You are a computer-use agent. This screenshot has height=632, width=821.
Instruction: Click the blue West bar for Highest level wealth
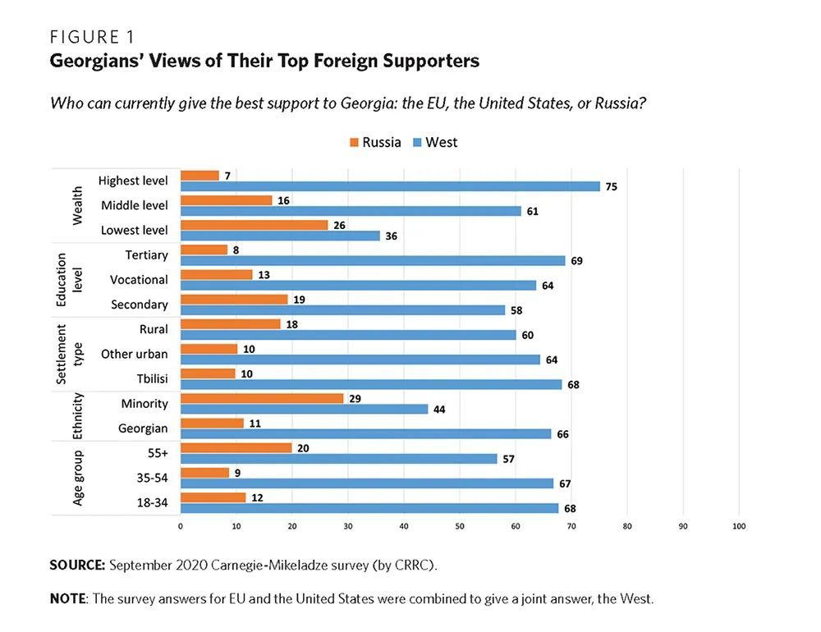pyautogui.click(x=390, y=186)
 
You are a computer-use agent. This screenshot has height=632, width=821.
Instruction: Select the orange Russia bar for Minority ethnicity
pyautogui.click(x=261, y=398)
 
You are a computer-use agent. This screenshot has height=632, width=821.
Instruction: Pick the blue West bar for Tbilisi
pyautogui.click(x=370, y=384)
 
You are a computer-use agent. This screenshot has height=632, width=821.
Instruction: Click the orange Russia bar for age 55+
pyautogui.click(x=236, y=447)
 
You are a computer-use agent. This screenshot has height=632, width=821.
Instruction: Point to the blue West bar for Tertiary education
pyautogui.click(x=373, y=260)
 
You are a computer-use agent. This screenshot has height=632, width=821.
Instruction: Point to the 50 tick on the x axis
pyautogui.click(x=460, y=526)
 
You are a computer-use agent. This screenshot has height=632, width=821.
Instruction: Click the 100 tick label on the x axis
pyautogui.click(x=739, y=526)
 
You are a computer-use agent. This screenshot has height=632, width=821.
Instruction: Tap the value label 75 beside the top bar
pyautogui.click(x=611, y=187)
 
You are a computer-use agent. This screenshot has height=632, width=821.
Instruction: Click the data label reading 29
pyautogui.click(x=355, y=397)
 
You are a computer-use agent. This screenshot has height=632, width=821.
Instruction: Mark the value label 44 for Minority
pyautogui.click(x=440, y=410)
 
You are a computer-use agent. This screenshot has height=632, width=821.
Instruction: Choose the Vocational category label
pyautogui.click(x=139, y=280)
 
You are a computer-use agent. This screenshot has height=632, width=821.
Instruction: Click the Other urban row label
pyautogui.click(x=134, y=355)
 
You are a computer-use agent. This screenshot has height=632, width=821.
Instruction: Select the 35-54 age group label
pyautogui.click(x=149, y=478)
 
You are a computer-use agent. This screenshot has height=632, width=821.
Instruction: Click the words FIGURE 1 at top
pyautogui.click(x=92, y=38)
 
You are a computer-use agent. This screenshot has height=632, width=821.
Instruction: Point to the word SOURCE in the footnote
pyautogui.click(x=77, y=566)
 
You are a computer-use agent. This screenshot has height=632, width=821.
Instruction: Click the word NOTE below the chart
pyautogui.click(x=67, y=598)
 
